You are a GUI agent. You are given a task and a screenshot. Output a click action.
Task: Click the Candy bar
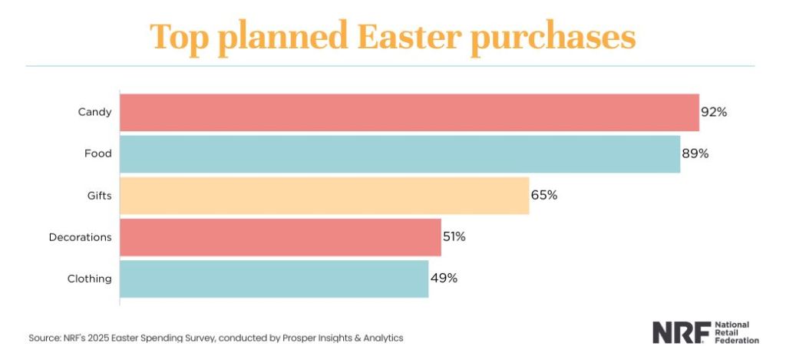click(x=409, y=112)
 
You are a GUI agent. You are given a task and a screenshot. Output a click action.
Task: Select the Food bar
click(x=400, y=154)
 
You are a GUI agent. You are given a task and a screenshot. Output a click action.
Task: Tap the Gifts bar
click(x=325, y=195)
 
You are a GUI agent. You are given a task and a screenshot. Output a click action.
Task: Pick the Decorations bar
click(x=280, y=237)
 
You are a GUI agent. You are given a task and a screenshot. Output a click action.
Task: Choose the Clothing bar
click(x=274, y=279)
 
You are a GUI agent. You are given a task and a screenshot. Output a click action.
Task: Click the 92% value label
click(x=714, y=112)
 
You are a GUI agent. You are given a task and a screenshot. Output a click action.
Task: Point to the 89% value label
click(x=695, y=154)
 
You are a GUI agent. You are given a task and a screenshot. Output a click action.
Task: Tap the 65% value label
click(x=544, y=195)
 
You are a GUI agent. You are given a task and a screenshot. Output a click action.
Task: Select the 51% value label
click(x=454, y=237)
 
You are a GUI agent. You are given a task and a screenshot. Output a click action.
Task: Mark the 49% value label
click(x=444, y=279)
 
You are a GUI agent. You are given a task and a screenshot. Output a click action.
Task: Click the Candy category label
click(x=94, y=112)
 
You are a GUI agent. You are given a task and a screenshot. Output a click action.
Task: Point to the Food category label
click(x=97, y=154)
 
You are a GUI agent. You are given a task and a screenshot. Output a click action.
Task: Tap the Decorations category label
click(x=80, y=237)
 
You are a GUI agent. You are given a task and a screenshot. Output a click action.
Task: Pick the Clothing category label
click(x=89, y=279)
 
